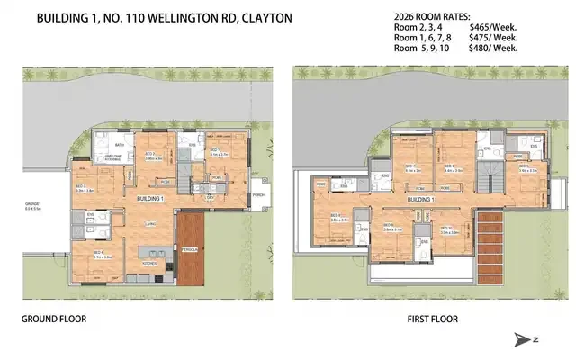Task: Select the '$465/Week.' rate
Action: [x=491, y=28]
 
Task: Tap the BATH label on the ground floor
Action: [x=119, y=144]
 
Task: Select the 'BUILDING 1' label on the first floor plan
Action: [x=420, y=198]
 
